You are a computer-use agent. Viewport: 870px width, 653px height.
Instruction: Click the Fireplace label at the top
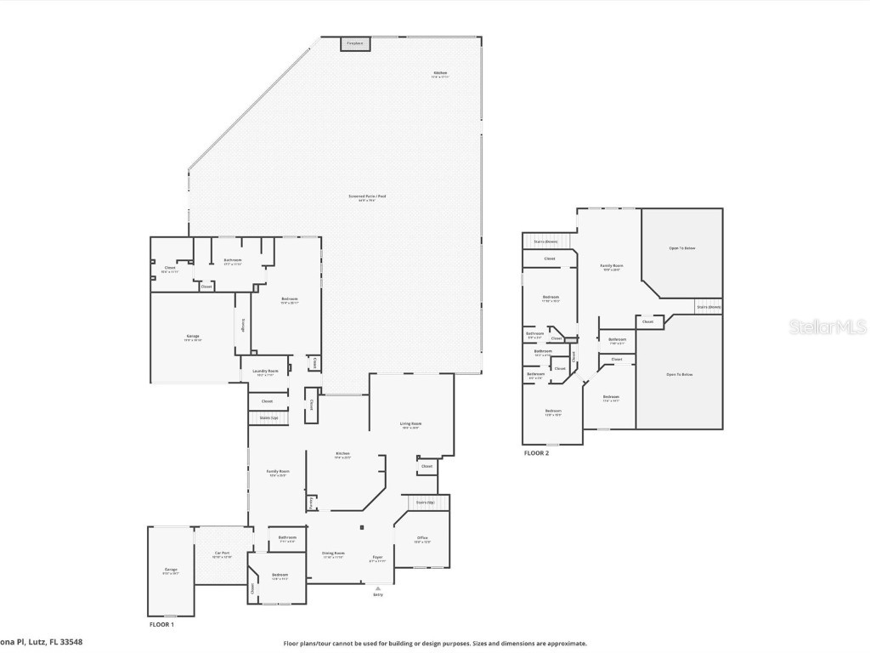click(355, 43)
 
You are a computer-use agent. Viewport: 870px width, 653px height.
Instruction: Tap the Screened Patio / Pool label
click(367, 197)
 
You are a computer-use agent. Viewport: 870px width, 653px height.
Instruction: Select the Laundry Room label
click(266, 372)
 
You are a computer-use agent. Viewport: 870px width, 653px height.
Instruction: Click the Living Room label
click(411, 424)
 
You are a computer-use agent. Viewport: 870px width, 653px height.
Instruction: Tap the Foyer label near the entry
click(377, 559)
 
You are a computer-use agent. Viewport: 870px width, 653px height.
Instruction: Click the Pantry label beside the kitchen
click(312, 503)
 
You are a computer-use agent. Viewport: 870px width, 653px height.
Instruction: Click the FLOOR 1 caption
click(161, 625)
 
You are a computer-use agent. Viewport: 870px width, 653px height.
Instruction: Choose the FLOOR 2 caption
click(536, 454)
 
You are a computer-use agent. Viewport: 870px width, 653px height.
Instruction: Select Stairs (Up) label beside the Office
click(425, 503)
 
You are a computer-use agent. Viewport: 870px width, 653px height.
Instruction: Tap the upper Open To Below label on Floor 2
click(682, 248)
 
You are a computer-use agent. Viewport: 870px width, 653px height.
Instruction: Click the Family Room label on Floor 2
click(610, 267)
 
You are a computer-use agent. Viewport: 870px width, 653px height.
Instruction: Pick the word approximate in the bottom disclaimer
click(565, 644)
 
